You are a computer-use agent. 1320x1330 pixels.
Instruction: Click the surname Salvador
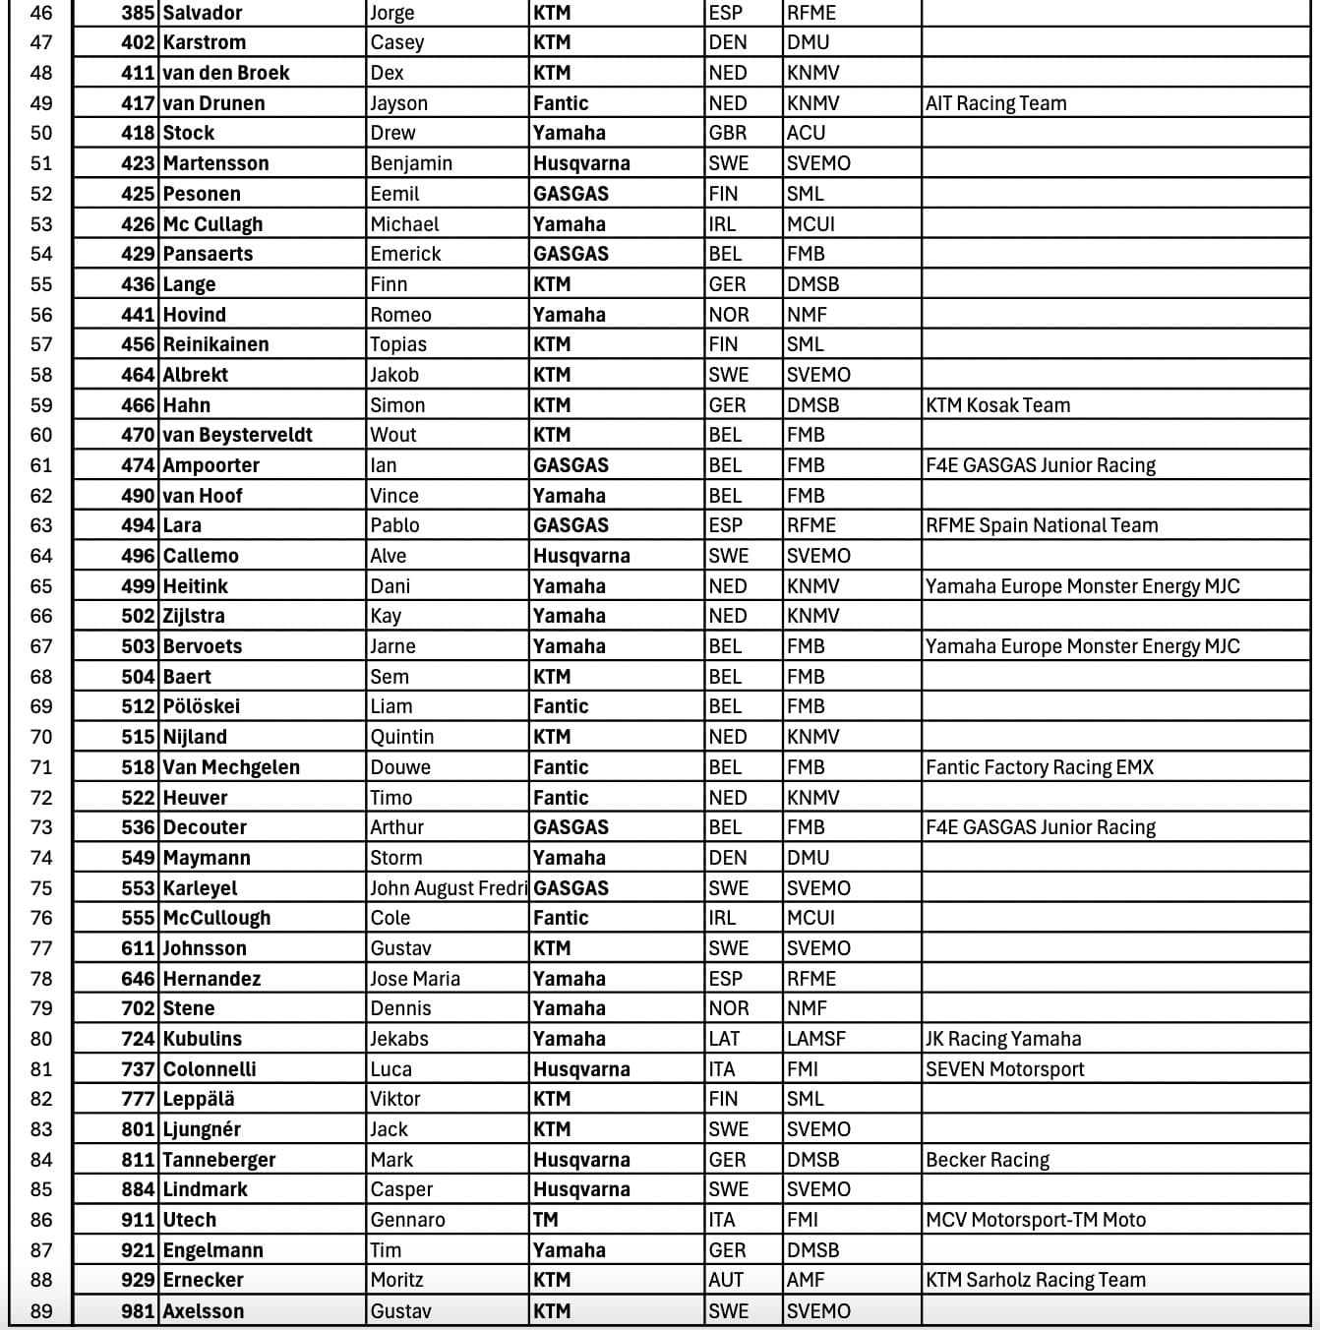click(204, 13)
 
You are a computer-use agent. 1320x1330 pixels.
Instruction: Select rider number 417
click(138, 103)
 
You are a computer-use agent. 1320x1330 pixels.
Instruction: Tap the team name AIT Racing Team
click(995, 103)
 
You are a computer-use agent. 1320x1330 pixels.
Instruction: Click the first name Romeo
click(400, 315)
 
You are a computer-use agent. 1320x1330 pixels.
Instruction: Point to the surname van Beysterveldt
click(237, 435)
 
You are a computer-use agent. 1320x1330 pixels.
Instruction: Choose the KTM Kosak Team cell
click(997, 405)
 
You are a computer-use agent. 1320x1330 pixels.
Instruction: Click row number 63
click(41, 525)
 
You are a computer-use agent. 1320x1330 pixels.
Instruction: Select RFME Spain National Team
click(1042, 525)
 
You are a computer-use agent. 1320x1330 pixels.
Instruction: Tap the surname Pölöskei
click(201, 706)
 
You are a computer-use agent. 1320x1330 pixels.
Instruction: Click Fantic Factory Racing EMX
click(1039, 767)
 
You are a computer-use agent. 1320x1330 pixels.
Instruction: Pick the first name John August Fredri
click(448, 888)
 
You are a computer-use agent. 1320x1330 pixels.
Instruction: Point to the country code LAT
click(724, 1039)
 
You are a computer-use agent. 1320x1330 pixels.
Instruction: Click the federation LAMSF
click(815, 1039)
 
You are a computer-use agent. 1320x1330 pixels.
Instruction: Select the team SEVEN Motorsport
click(1004, 1069)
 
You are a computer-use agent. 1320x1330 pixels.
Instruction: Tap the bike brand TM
click(545, 1220)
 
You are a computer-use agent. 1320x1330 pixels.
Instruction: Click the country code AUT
click(726, 1280)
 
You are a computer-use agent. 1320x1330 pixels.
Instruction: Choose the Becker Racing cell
click(987, 1160)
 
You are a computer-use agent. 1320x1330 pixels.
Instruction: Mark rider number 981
click(138, 1311)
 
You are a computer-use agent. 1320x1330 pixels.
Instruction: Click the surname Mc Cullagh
click(212, 224)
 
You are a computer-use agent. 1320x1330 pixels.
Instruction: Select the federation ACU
click(806, 133)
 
